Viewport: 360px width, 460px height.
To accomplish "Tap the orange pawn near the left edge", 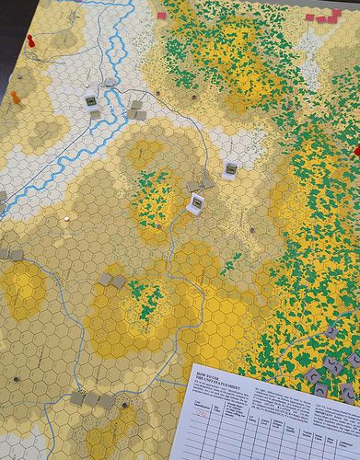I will [x=15, y=96].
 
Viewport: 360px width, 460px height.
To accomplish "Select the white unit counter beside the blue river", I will [x=91, y=100].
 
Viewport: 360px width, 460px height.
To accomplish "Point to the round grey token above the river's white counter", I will [x=110, y=82].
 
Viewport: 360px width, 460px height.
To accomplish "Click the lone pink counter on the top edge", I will [x=163, y=16].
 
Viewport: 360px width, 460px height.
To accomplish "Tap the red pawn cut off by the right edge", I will [x=356, y=150].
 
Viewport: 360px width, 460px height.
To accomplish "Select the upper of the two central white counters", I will [x=230, y=168].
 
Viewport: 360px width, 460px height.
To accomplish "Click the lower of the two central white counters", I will [x=195, y=203].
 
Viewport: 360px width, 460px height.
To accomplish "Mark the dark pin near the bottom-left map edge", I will [x=14, y=378].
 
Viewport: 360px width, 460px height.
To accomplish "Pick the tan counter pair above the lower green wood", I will [x=111, y=279].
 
